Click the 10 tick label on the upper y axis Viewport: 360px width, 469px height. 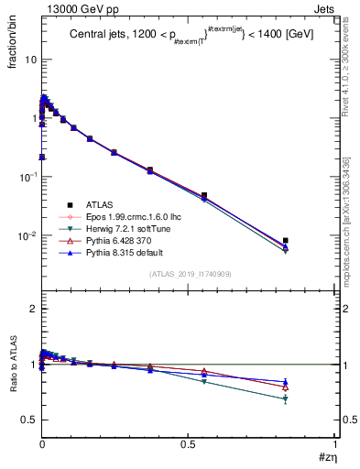point(30,60)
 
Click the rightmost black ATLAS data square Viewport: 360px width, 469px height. point(286,241)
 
